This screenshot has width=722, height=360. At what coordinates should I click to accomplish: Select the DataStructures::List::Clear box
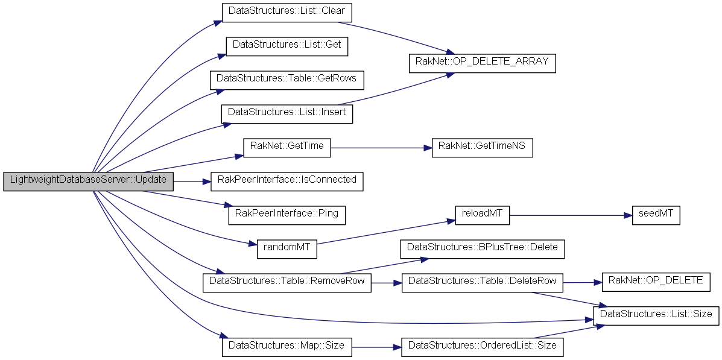tap(287, 12)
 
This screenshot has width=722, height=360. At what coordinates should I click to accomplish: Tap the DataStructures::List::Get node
tap(287, 46)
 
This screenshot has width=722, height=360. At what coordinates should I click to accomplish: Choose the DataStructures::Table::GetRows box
tap(287, 79)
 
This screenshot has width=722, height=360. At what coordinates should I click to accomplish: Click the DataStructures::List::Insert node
tap(287, 113)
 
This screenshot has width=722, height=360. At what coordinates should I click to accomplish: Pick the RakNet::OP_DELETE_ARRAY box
tap(481, 63)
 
